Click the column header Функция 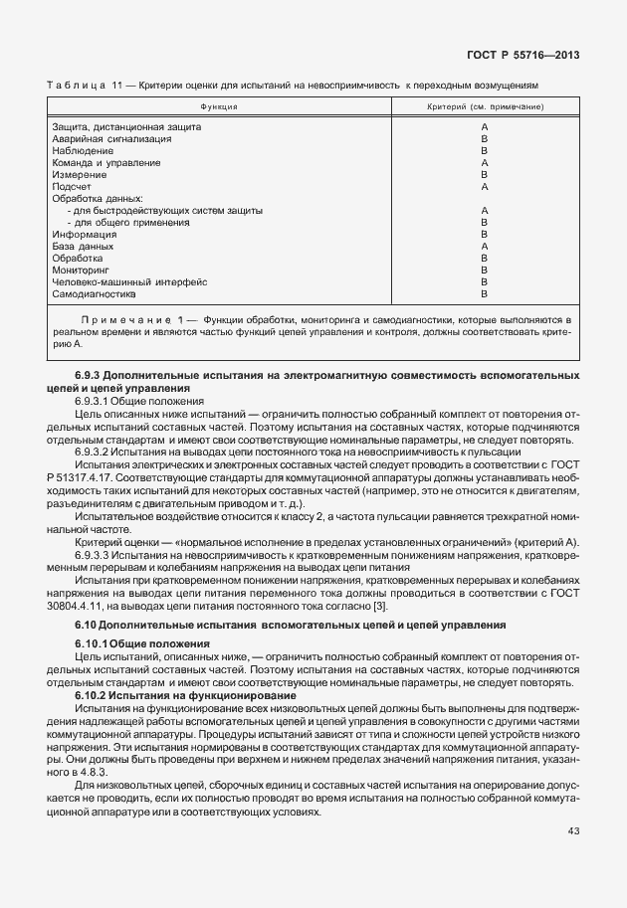[x=218, y=105]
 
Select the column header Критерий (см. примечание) [x=485, y=105]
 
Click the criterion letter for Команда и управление [x=484, y=163]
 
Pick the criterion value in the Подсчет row [x=484, y=187]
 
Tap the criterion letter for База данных [x=484, y=247]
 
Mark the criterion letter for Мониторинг [x=484, y=271]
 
